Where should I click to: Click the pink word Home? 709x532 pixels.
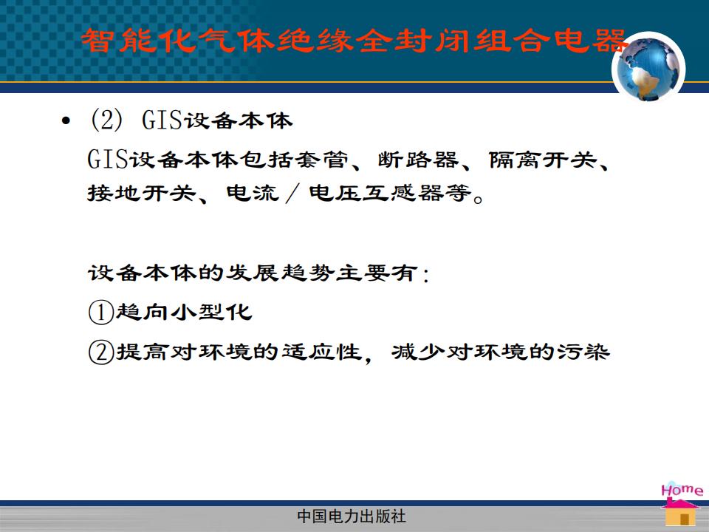pos(682,490)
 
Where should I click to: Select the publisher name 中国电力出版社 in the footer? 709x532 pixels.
pos(352,516)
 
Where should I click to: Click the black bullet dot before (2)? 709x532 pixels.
pos(66,120)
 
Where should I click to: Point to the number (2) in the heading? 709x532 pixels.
pos(106,120)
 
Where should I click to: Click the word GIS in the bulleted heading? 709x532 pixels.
pos(162,120)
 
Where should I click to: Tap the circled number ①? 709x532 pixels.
pos(101,313)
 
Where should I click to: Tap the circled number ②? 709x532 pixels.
pos(101,352)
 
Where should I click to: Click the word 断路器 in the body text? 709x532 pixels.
pos(418,160)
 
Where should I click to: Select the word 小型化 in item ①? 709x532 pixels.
pos(211,313)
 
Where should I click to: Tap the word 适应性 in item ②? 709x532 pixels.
pos(322,352)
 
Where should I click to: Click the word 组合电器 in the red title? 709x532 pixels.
pos(551,40)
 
